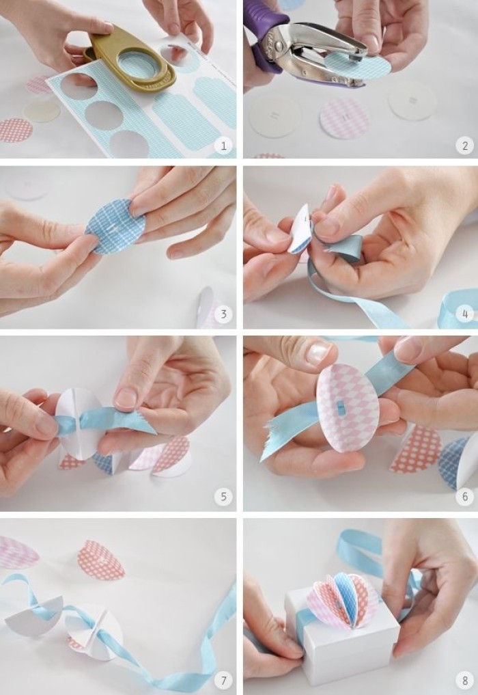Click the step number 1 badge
223,146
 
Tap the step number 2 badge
465,146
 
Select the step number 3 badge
223,314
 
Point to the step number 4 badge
465,314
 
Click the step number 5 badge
223,496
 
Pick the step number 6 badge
465,496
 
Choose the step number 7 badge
223,679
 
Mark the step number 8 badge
465,679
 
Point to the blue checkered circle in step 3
115,226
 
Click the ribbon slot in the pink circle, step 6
340,406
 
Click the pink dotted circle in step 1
15,131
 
